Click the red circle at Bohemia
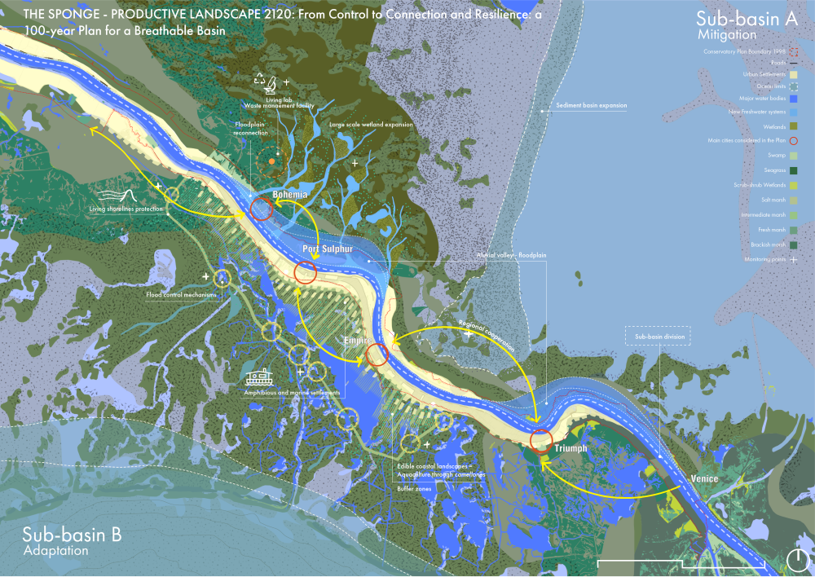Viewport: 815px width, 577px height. click(262, 209)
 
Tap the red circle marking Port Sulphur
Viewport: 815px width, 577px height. click(306, 272)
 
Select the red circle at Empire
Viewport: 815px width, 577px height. click(377, 355)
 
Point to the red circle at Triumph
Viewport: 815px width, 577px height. click(541, 441)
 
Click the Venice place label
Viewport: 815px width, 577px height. click(703, 478)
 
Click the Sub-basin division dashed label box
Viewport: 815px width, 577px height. click(658, 335)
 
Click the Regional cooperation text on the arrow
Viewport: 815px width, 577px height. click(487, 334)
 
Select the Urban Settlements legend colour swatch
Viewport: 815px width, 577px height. click(795, 74)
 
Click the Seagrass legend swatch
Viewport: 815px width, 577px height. click(795, 170)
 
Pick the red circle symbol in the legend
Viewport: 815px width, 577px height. click(795, 140)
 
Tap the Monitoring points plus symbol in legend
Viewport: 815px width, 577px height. click(795, 258)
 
